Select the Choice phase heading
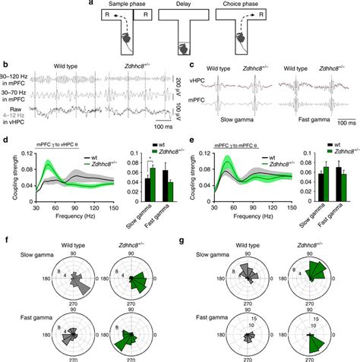(x=239, y=4)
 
